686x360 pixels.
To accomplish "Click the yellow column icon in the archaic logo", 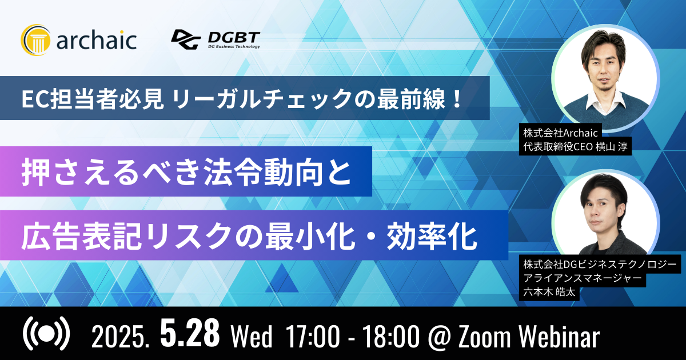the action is click(x=35, y=40).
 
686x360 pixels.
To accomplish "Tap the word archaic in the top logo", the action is click(x=97, y=40).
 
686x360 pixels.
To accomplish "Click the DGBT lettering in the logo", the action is click(x=234, y=37).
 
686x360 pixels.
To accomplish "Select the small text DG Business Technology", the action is click(x=234, y=46).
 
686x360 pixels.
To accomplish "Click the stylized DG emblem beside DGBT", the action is click(x=186, y=39).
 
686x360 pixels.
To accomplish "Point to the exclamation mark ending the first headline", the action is click(x=457, y=98).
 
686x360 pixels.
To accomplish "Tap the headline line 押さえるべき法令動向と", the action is click(x=186, y=171).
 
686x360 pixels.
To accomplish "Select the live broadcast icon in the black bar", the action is click(x=46, y=334).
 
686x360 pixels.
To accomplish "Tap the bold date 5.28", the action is click(x=190, y=333).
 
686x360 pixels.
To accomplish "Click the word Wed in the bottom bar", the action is click(x=252, y=337).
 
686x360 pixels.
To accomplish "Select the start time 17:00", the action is click(x=313, y=337).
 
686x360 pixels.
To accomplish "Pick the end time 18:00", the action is click(x=390, y=337).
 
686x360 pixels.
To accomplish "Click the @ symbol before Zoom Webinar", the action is click(x=439, y=337).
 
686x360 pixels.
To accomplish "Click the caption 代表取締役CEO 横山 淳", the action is click(x=575, y=147).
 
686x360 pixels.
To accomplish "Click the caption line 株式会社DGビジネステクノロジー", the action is click(x=600, y=264).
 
